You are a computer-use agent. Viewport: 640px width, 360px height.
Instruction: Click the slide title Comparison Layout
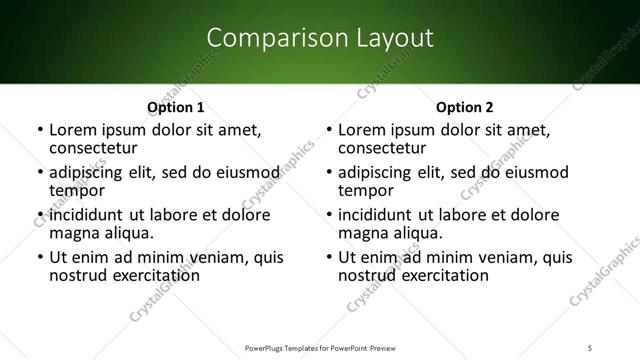pyautogui.click(x=320, y=38)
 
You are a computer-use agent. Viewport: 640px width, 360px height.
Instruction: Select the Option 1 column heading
pyautogui.click(x=175, y=107)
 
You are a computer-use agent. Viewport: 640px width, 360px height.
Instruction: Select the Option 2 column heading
pyautogui.click(x=465, y=107)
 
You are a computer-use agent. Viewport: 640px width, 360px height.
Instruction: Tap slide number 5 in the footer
pyautogui.click(x=591, y=347)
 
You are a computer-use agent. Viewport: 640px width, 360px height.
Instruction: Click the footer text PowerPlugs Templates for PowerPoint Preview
pyautogui.click(x=319, y=347)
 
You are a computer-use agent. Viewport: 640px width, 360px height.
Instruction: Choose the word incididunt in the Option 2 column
pyautogui.click(x=377, y=215)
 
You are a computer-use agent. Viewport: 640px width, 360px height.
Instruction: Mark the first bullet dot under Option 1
pyautogui.click(x=40, y=130)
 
